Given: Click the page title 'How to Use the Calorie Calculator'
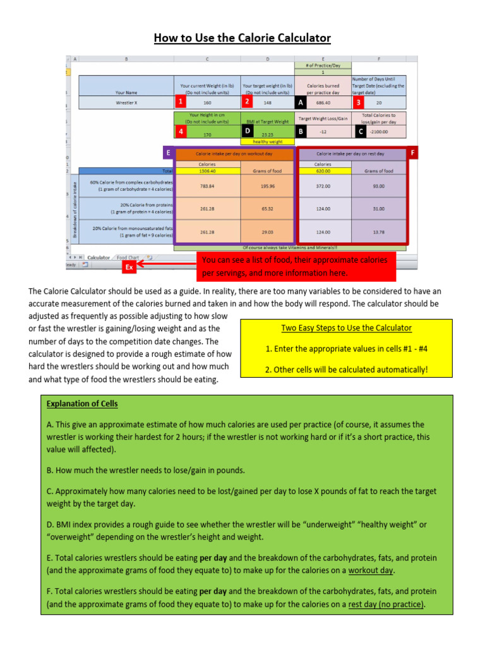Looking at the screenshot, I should (242, 38).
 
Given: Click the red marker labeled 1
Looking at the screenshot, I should (181, 101).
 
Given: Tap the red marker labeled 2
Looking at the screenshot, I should (248, 101).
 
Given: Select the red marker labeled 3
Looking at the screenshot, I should (358, 102).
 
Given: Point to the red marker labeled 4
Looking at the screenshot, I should (181, 131).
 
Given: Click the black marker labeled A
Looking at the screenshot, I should (301, 102).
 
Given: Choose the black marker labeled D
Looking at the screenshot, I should (248, 131).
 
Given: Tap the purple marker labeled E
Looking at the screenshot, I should (168, 152).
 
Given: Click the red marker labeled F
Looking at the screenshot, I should (413, 152).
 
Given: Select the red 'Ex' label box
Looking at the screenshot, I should (129, 267).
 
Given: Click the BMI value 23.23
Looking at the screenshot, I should (267, 134).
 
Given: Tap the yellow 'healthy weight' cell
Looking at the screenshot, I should (267, 142).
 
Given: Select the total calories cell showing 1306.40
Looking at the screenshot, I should (207, 171).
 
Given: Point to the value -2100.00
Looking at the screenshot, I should (379, 131).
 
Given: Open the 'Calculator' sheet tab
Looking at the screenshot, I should (99, 258).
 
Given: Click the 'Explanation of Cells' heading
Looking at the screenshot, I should (82, 404).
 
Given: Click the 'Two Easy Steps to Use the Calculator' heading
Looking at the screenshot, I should (346, 328).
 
